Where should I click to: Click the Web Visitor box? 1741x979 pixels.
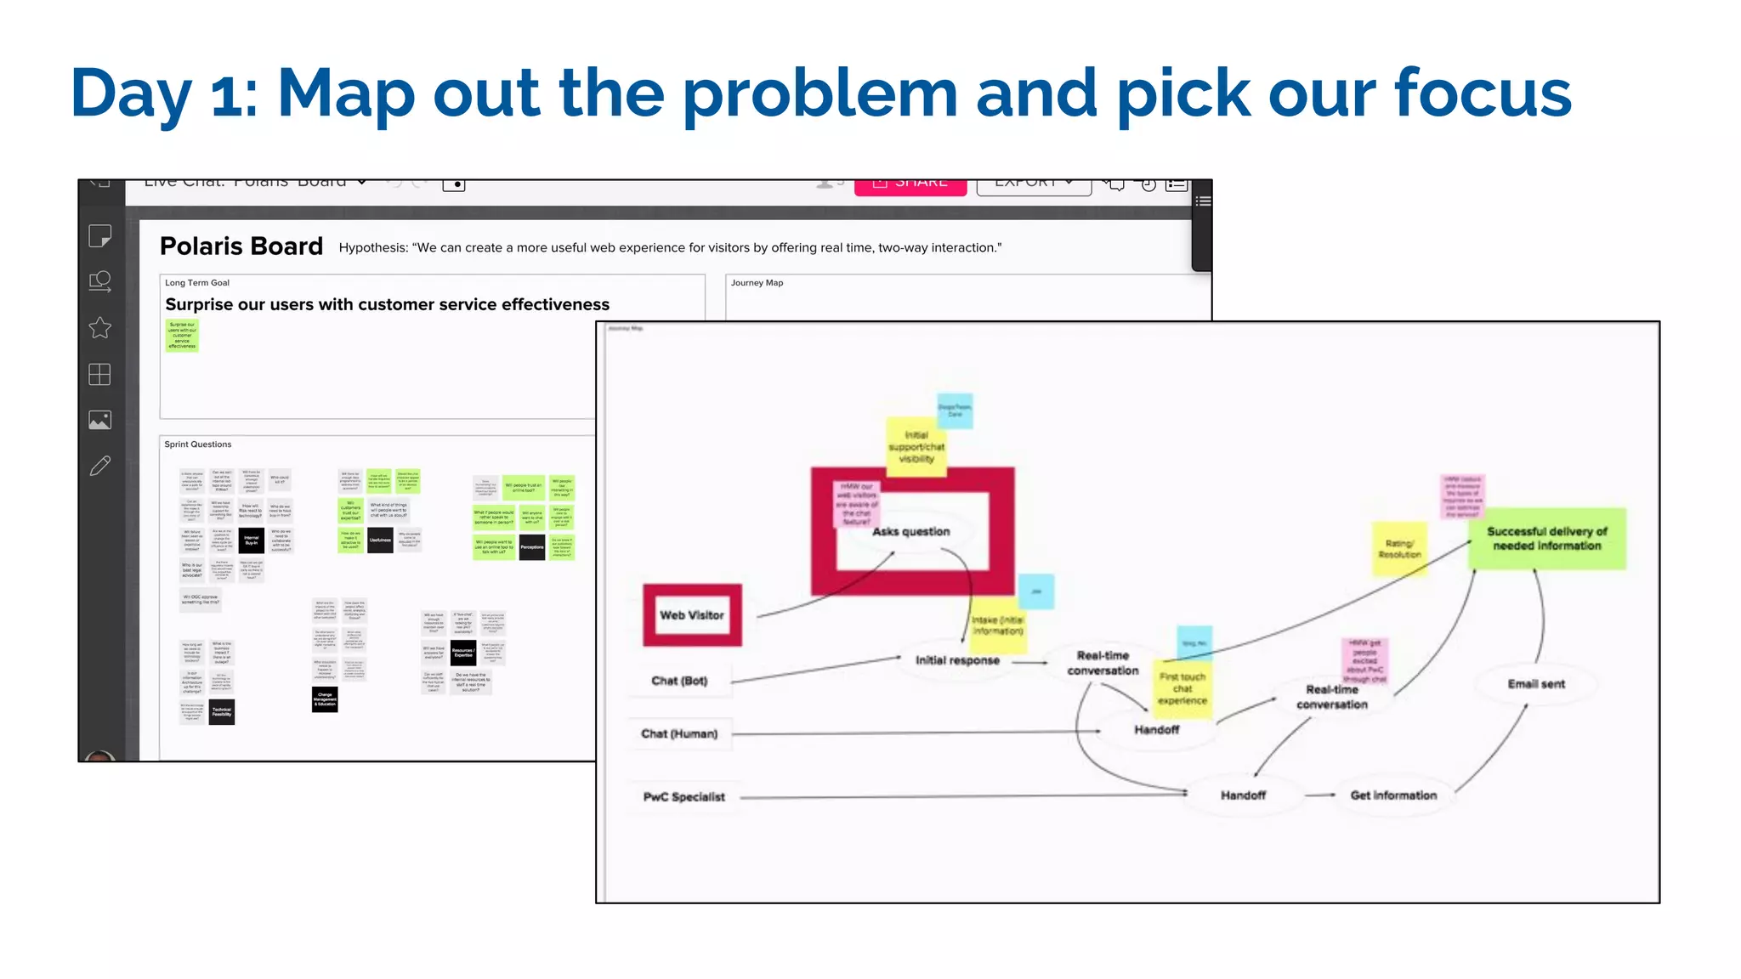click(692, 615)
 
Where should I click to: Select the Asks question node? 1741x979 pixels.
click(911, 532)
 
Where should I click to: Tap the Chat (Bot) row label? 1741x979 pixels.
click(679, 681)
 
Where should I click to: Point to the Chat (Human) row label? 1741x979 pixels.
click(679, 733)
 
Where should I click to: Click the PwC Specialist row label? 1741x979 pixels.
click(684, 796)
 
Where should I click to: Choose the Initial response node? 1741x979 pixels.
click(957, 660)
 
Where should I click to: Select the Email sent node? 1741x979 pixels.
click(1535, 684)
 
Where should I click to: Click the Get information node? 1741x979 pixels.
click(1393, 795)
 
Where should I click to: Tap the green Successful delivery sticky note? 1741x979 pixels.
click(1546, 539)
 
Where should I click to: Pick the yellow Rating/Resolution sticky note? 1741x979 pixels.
click(1399, 549)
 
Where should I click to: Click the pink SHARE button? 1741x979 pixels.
click(910, 184)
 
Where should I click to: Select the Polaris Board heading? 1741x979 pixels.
click(241, 246)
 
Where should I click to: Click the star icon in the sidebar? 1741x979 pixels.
click(100, 328)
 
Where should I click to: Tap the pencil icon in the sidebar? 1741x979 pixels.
click(100, 466)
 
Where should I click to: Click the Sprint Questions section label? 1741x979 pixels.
click(198, 444)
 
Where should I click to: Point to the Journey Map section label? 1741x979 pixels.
click(757, 283)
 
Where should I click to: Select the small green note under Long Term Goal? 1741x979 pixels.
click(182, 335)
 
